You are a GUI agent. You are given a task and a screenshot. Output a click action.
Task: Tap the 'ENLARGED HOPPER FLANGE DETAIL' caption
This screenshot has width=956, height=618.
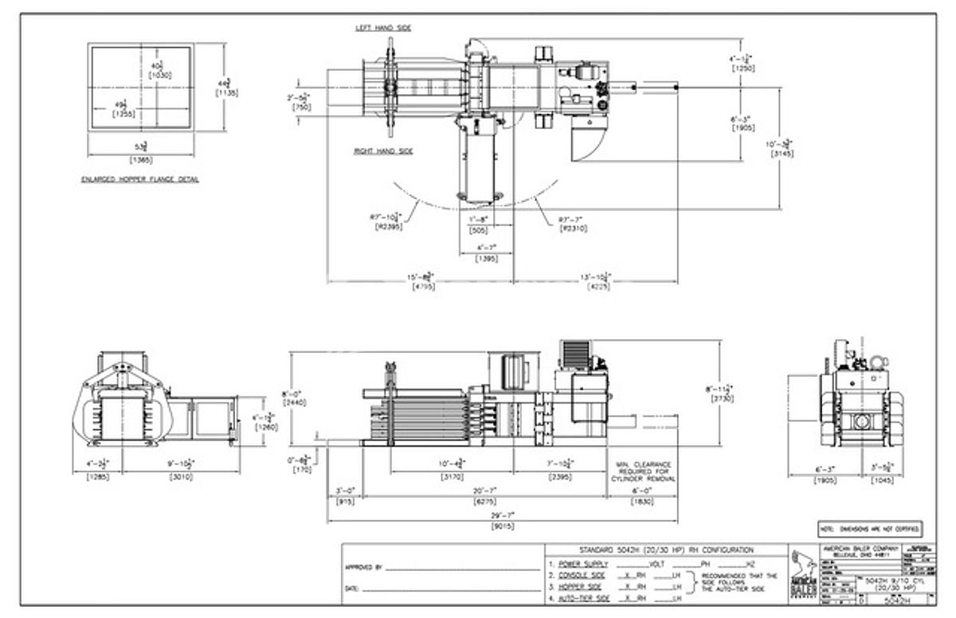[x=140, y=179]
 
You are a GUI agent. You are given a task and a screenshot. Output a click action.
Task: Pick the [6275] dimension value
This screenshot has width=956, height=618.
[x=502, y=502]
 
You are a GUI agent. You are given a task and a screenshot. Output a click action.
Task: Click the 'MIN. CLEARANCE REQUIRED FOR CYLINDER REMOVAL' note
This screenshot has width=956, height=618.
[x=644, y=471]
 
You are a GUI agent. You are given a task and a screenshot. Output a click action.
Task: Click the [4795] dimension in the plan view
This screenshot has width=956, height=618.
[x=422, y=286]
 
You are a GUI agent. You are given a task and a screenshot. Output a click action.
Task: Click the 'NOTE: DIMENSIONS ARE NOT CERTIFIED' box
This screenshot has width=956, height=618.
[x=870, y=529]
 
